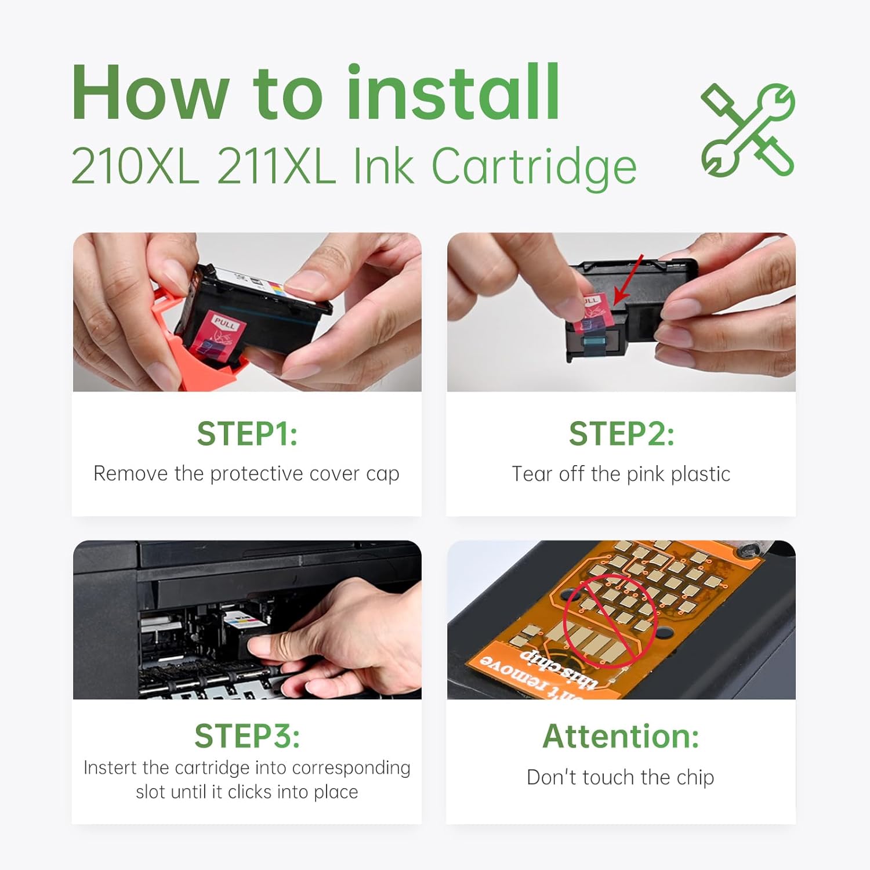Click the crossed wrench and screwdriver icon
point(748,130)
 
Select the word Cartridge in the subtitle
point(534,167)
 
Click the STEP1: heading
point(247,434)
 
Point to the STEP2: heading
point(621,434)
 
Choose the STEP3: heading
point(247,736)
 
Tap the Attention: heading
point(621,736)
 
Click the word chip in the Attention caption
point(695,778)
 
